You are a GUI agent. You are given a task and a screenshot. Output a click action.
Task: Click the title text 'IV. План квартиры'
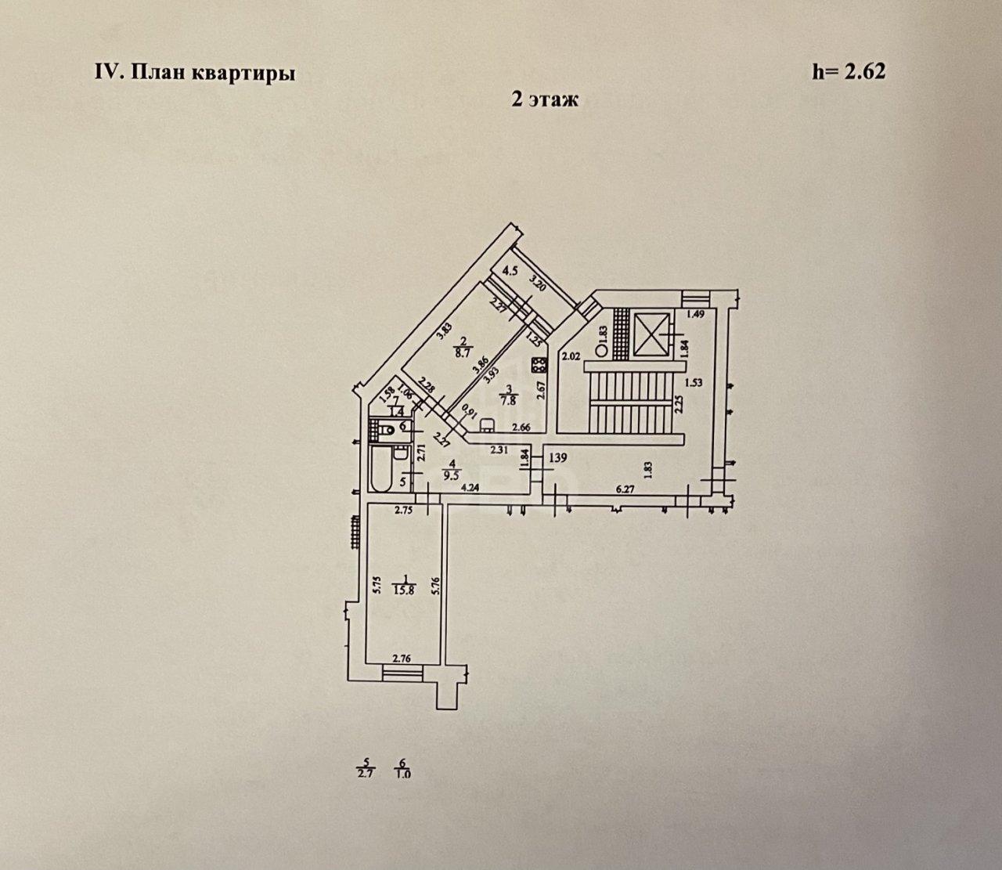(x=195, y=74)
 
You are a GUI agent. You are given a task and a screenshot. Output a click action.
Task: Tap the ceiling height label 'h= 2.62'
(x=849, y=72)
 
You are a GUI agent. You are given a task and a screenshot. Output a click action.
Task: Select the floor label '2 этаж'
(x=544, y=99)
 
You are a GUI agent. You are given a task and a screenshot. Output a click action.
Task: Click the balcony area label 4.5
(x=510, y=272)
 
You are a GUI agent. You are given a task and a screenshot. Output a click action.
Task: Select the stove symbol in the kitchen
(x=539, y=364)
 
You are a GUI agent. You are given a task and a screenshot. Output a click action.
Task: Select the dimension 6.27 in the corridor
(x=625, y=489)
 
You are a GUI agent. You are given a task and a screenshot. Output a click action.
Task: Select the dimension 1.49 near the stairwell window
(x=697, y=315)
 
